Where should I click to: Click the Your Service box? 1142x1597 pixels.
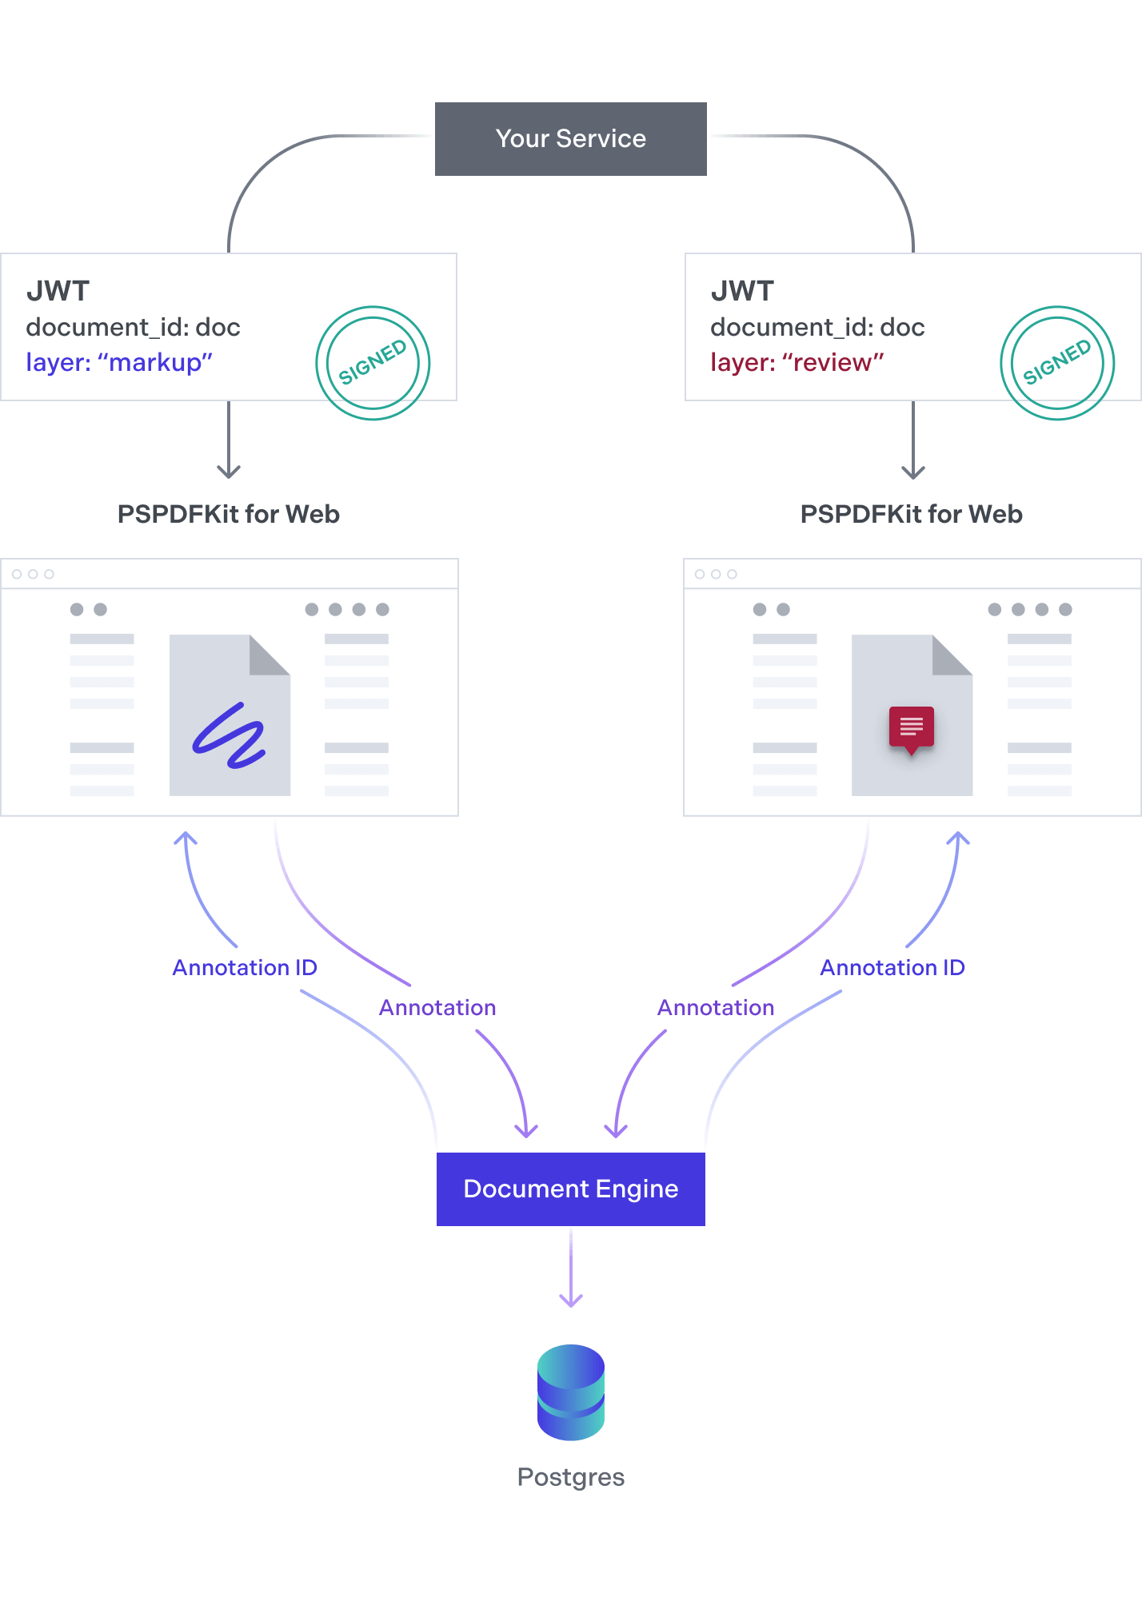pyautogui.click(x=570, y=139)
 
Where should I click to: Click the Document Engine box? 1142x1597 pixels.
pyautogui.click(x=570, y=1189)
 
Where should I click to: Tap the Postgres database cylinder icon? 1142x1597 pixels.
pyautogui.click(x=570, y=1392)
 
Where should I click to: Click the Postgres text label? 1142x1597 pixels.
pyautogui.click(x=570, y=1476)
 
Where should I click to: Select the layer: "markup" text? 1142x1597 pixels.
pyautogui.click(x=119, y=362)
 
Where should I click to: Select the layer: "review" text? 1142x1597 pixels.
pyautogui.click(x=797, y=362)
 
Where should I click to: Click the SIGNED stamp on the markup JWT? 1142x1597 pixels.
pyautogui.click(x=373, y=362)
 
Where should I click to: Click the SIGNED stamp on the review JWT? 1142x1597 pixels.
pyautogui.click(x=1056, y=362)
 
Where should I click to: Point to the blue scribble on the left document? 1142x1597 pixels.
pyautogui.click(x=230, y=735)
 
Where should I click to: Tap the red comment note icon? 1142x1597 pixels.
pyautogui.click(x=911, y=728)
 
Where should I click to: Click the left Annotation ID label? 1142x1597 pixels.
pyautogui.click(x=245, y=967)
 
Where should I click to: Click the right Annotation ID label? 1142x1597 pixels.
pyautogui.click(x=892, y=967)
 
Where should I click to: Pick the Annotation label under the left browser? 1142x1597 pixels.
pyautogui.click(x=437, y=1007)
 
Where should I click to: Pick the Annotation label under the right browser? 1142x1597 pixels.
pyautogui.click(x=716, y=1007)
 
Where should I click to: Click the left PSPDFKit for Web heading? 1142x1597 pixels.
pyautogui.click(x=229, y=514)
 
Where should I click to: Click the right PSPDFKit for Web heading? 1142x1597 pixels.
pyautogui.click(x=911, y=514)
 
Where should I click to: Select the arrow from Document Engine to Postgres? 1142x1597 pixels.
pyautogui.click(x=570, y=1267)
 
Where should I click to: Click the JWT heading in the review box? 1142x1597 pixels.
pyautogui.click(x=742, y=291)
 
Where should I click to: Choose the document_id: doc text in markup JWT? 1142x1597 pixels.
pyautogui.click(x=133, y=327)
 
